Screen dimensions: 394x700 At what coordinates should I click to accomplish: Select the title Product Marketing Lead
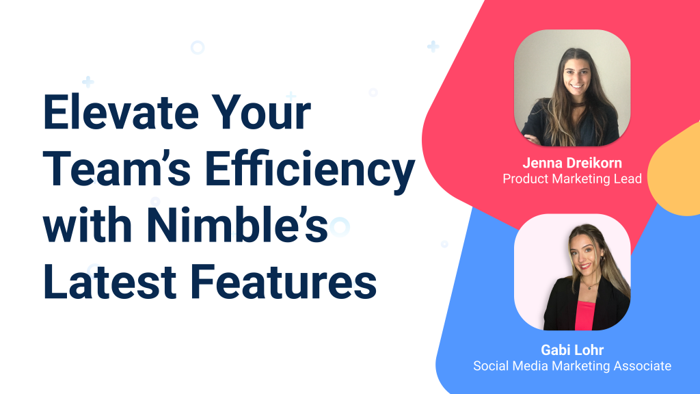coord(571,179)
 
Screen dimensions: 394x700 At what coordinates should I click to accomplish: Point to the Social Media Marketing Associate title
coord(571,366)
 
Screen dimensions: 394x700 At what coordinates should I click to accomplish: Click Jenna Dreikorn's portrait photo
coord(571,88)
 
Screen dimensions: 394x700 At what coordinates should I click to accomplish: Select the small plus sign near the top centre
coord(433,47)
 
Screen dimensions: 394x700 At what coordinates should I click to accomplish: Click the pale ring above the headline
coord(198,47)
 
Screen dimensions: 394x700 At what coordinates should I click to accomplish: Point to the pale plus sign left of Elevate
coord(87,82)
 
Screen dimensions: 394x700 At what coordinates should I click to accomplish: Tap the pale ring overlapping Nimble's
coord(339,226)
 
